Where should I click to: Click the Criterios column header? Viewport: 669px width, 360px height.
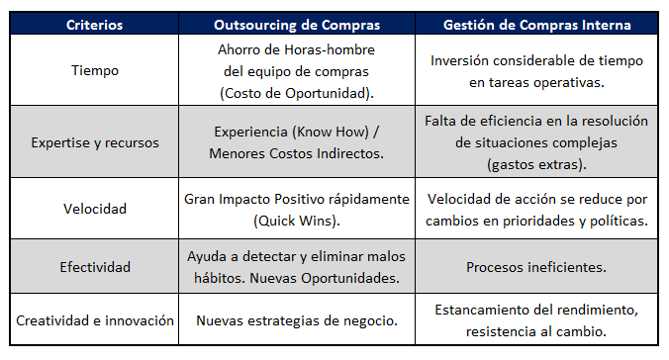[x=94, y=22]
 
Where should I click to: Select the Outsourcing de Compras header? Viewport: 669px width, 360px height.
[x=296, y=22]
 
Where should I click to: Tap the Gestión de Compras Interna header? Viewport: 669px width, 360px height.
[x=535, y=22]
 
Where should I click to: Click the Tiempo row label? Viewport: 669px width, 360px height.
[x=94, y=70]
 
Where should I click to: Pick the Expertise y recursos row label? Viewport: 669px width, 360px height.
[x=94, y=142]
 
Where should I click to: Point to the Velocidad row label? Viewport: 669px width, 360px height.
[x=94, y=210]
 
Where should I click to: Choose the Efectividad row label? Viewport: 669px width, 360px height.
[x=94, y=267]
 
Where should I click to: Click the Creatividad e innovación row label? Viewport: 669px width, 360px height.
[x=95, y=320]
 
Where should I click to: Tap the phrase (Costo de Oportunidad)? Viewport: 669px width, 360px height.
[x=296, y=92]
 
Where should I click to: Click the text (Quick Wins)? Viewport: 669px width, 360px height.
[x=296, y=220]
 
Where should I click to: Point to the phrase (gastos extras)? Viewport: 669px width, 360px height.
[x=536, y=162]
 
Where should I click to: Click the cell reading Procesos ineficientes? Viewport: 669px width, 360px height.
[x=535, y=267]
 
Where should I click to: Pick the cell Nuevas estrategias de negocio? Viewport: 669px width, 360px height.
[x=296, y=320]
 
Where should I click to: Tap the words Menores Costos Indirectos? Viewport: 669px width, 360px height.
[x=296, y=153]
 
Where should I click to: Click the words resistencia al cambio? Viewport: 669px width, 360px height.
[x=535, y=330]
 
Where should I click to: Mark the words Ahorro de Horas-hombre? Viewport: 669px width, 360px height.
[x=296, y=50]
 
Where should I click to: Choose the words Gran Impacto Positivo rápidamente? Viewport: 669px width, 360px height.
[x=296, y=199]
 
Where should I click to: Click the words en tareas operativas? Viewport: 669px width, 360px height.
[x=535, y=81]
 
